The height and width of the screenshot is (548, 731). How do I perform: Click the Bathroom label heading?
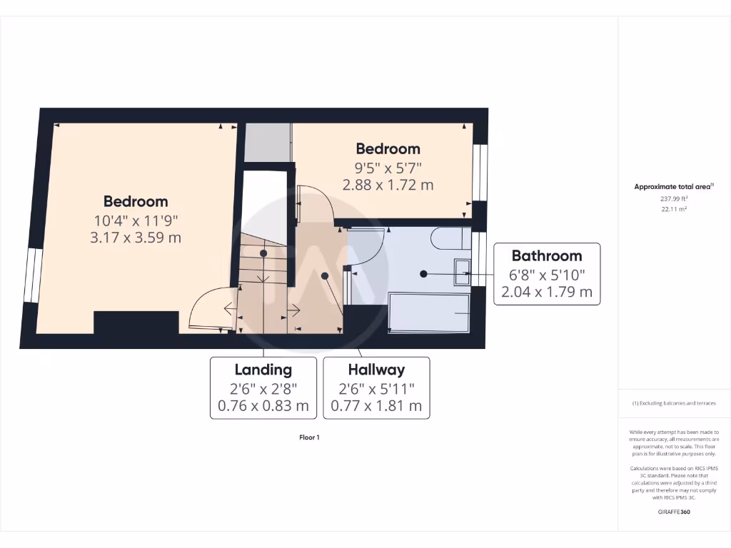(547, 255)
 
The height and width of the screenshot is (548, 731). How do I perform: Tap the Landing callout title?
(263, 370)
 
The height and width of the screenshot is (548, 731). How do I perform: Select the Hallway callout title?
(376, 370)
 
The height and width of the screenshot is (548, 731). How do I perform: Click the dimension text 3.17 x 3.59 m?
(136, 237)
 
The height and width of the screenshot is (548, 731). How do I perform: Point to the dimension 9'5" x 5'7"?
(388, 168)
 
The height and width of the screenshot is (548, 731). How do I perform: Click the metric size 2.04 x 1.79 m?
(547, 291)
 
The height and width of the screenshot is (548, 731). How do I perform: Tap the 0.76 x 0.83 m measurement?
(263, 407)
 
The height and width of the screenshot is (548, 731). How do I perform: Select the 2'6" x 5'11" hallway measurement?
(376, 389)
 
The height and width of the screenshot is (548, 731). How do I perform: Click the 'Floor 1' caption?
(309, 437)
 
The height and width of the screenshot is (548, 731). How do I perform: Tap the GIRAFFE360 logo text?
(674, 512)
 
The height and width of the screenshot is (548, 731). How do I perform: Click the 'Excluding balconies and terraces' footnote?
(674, 403)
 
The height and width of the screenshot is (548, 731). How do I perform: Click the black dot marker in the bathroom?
(423, 273)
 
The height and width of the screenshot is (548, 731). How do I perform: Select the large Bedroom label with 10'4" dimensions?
(136, 201)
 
